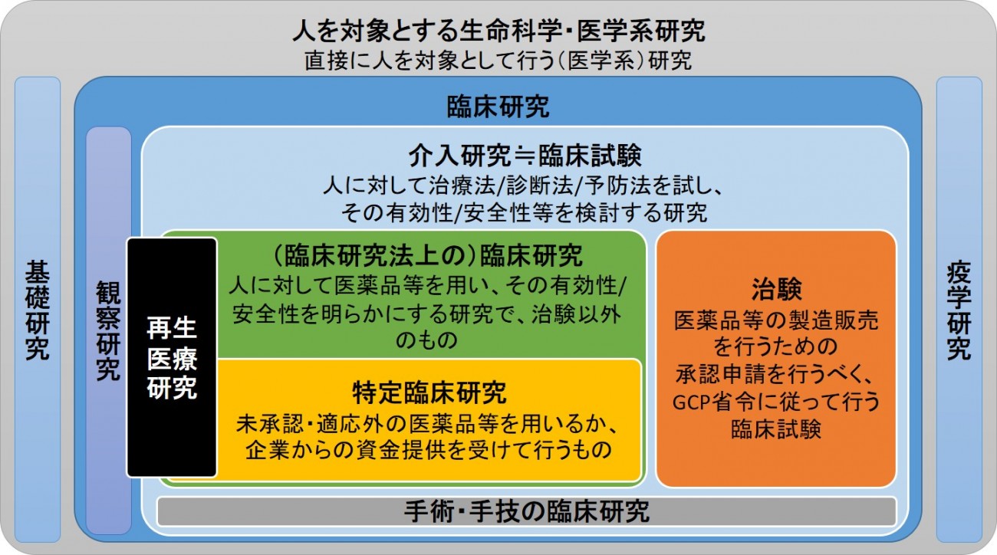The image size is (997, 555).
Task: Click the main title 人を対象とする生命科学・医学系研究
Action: (498, 31)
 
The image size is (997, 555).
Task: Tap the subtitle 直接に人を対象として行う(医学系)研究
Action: (498, 61)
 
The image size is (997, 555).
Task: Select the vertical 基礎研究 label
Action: (38, 310)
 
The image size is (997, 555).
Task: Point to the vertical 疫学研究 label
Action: (959, 310)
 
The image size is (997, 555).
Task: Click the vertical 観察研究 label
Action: (109, 331)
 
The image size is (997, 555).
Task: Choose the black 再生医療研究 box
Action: (172, 357)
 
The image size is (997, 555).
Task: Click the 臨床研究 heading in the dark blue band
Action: (498, 107)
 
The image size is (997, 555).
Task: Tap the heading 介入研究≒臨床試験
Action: (525, 156)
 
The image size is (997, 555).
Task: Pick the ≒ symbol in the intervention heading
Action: (525, 156)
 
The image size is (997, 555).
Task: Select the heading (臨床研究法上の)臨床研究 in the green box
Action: (426, 255)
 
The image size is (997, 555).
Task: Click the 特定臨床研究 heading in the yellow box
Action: (429, 392)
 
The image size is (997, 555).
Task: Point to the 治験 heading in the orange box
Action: (776, 289)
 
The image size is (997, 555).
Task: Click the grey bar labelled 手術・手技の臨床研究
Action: (527, 511)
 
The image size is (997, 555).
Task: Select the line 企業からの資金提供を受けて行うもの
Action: (429, 450)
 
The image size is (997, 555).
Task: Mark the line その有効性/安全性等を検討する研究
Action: (525, 213)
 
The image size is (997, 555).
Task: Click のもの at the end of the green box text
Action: (426, 340)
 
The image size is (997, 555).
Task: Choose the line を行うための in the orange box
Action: (776, 346)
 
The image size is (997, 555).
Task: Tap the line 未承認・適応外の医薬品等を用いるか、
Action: (426, 424)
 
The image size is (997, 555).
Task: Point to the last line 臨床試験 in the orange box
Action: (776, 429)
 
